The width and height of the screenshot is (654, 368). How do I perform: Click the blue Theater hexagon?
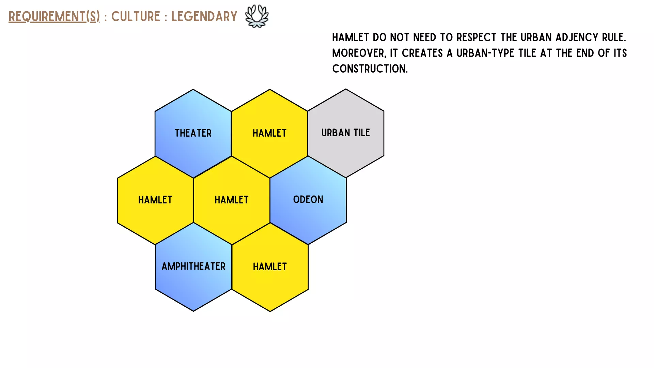[x=193, y=133]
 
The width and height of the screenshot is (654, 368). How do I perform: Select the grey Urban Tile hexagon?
[x=346, y=133]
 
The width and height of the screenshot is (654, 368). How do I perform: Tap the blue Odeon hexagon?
[x=308, y=200]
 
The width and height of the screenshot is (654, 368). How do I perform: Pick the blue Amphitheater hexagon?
[x=193, y=267]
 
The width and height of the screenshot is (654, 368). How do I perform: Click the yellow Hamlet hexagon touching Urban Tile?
[x=269, y=133]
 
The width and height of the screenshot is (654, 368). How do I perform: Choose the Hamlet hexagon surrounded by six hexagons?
[x=232, y=200]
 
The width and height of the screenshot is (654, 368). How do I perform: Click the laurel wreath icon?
[x=257, y=16]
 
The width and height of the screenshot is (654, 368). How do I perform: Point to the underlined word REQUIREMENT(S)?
[x=54, y=16]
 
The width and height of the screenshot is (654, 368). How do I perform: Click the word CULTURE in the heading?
[x=136, y=16]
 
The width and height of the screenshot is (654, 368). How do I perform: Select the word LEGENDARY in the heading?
[x=204, y=16]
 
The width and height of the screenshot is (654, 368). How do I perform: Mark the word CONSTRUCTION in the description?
[x=370, y=68]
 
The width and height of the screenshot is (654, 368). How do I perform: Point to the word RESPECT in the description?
[x=476, y=37]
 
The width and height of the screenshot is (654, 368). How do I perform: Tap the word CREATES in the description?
[x=422, y=53]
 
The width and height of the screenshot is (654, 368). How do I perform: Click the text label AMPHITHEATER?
[x=193, y=266]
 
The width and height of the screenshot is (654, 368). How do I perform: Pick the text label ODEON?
[x=308, y=199]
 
